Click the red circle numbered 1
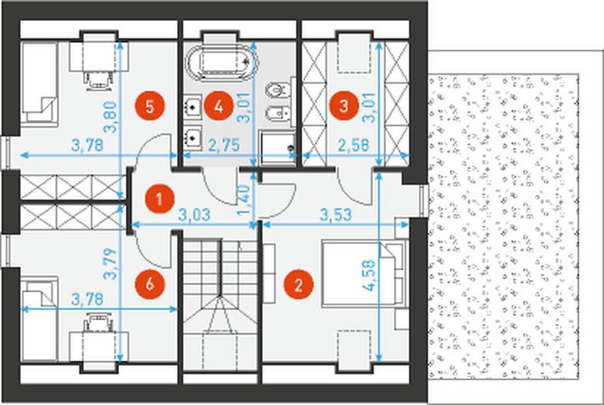click(x=159, y=199)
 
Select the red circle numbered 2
click(x=299, y=285)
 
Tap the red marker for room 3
click(x=344, y=106)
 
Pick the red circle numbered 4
click(x=219, y=106)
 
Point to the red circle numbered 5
click(x=150, y=106)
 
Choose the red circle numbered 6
click(x=150, y=285)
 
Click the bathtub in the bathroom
click(x=221, y=64)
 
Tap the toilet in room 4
click(x=277, y=90)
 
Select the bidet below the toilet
click(x=277, y=114)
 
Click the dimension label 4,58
click(x=369, y=275)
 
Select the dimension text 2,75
click(x=224, y=146)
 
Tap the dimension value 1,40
click(x=244, y=200)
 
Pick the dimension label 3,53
click(x=336, y=215)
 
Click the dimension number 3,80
click(x=111, y=117)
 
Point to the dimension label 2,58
click(x=353, y=146)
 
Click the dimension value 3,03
click(x=195, y=215)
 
